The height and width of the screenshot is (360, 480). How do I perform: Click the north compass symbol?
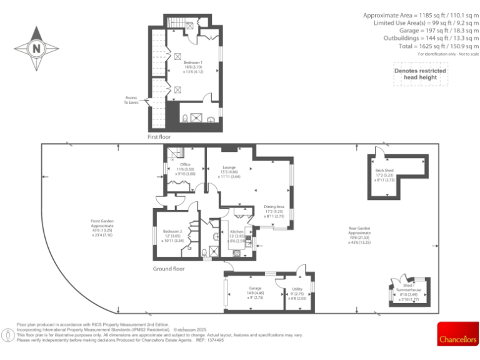[x=36, y=47]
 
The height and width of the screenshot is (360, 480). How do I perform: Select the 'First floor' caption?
[x=159, y=136]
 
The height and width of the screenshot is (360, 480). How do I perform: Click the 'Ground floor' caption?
[x=169, y=269]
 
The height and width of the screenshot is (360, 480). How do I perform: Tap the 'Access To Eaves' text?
[x=131, y=100]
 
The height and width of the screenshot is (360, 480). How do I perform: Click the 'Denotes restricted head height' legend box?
[x=420, y=74]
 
